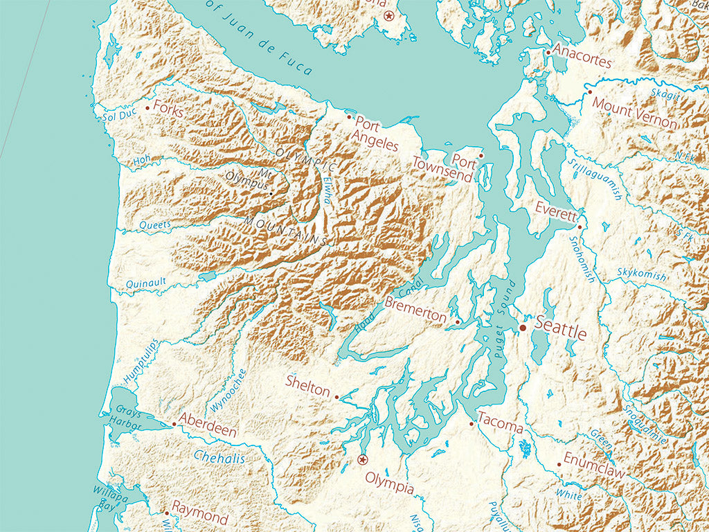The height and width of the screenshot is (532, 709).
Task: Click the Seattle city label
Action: (561, 332)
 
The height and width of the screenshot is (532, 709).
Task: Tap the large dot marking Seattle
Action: (523, 327)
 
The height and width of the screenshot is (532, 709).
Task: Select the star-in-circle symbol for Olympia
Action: (361, 459)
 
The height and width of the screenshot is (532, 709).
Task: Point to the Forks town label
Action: (168, 109)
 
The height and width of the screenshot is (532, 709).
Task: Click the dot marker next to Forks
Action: (147, 107)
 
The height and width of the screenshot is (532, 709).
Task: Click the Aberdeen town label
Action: (208, 425)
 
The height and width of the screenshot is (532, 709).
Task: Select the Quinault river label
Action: (145, 283)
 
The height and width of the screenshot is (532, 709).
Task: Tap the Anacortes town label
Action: (582, 61)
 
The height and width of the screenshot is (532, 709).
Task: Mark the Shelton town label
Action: (308, 389)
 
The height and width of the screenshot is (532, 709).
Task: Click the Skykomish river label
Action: (642, 274)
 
